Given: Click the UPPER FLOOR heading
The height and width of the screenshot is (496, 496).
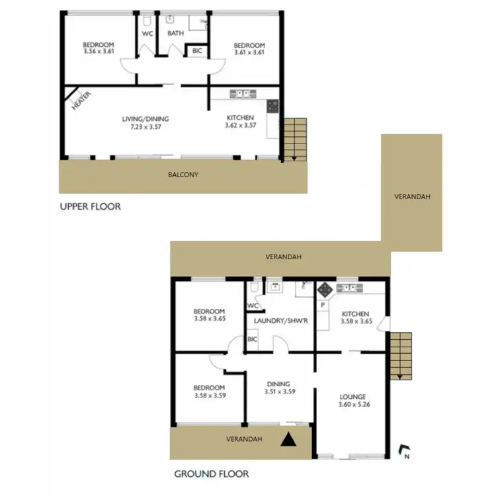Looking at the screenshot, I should point(90,206).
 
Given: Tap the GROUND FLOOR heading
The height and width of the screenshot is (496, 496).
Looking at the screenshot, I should point(210,474).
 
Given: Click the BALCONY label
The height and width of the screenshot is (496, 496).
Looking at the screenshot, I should point(183,175).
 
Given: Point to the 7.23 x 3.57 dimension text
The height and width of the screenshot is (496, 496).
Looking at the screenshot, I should point(145,127).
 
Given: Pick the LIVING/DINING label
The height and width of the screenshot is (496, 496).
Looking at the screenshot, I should point(145,119).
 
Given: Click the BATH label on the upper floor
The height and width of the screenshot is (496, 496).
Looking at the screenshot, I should point(175,32).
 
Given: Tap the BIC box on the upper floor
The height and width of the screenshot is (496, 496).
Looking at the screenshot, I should point(197,50).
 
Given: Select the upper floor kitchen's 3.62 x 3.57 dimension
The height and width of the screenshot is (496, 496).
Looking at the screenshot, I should point(240,126).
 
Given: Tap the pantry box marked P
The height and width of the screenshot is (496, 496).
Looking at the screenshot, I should point(323,305).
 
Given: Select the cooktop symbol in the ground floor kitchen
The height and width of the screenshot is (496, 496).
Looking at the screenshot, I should point(325,289).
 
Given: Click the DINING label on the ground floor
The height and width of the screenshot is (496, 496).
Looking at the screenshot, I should point(278,384).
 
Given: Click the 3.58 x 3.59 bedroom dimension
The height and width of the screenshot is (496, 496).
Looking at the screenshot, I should point(209,395).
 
